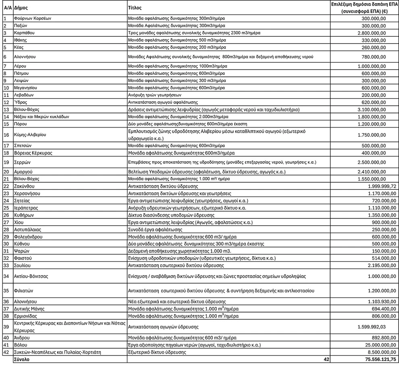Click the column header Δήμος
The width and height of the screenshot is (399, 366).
21,8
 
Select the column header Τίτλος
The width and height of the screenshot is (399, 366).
135,8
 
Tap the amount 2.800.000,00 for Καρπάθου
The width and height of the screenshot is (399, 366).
372,33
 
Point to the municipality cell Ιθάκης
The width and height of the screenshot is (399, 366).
21,40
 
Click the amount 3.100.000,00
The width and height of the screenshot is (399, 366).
372,109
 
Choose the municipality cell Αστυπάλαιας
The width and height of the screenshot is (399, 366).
28,229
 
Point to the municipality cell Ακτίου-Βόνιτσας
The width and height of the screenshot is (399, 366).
31,276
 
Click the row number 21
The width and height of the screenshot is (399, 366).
6,179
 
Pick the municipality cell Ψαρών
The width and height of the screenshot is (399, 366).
22,251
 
